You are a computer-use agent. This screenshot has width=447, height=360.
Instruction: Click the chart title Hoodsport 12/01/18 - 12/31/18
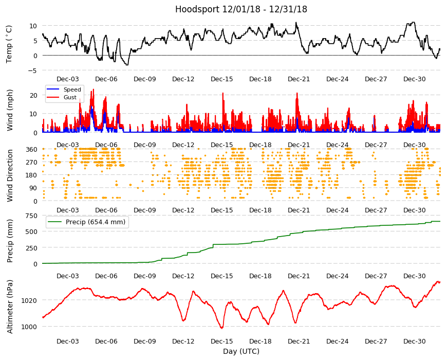tap(241, 9)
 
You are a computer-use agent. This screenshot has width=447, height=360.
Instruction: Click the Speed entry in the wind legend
tap(72, 89)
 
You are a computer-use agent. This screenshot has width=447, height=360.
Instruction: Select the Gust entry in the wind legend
tap(70, 97)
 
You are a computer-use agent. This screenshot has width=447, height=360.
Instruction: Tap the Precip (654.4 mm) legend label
tap(96, 222)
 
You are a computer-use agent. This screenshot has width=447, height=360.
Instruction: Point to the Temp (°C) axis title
tap(9, 44)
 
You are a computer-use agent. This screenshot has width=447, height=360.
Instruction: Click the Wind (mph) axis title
tap(10, 110)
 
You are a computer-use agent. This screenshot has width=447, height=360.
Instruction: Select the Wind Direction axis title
tap(10, 175)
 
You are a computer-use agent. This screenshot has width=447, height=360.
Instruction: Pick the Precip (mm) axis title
tap(10, 241)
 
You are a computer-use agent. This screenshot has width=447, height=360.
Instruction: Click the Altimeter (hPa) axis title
tap(10, 307)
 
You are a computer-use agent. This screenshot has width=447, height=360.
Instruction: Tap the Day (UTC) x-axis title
tap(241, 351)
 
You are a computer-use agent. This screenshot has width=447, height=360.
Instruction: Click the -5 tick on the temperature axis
tap(32, 70)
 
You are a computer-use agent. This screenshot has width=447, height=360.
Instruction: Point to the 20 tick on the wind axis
tap(33, 95)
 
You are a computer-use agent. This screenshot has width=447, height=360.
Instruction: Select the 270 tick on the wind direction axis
tap(32, 163)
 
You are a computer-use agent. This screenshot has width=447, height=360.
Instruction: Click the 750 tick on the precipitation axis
tap(32, 216)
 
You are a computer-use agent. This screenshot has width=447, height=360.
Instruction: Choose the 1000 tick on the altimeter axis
tap(29, 327)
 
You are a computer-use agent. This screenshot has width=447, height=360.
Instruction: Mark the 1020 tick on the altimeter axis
tap(29, 300)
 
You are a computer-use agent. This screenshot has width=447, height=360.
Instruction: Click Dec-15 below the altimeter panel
tap(222, 341)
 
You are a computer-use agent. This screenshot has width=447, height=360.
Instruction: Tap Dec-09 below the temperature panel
tap(145, 79)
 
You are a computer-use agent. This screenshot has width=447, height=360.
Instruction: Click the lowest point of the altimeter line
tap(222, 328)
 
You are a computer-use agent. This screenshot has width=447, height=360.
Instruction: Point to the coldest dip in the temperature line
tap(127, 65)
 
